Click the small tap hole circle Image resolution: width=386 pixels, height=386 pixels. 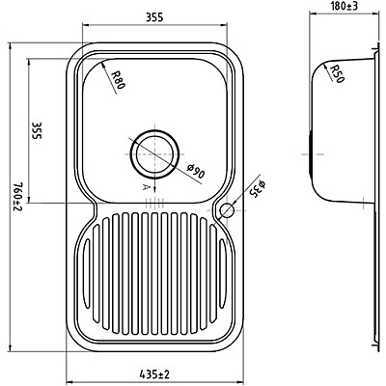pyautogui.click(x=228, y=209)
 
